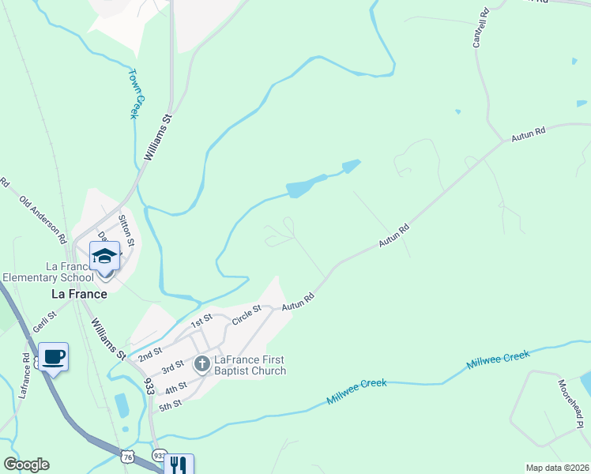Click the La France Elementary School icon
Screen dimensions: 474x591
(104, 257)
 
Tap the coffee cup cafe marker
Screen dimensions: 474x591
(53, 357)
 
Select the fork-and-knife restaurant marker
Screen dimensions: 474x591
(179, 466)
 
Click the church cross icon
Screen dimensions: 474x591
(201, 364)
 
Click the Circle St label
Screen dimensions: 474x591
(247, 314)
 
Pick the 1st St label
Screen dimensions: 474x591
(202, 320)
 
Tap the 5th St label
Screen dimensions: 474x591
(171, 404)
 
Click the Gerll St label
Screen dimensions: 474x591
(45, 322)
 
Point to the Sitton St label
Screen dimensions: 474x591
(126, 228)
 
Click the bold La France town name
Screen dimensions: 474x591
(79, 294)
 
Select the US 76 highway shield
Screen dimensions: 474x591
(129, 457)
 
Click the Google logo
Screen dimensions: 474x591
(26, 465)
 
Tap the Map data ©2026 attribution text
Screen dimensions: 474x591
(557, 467)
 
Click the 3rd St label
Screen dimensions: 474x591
(173, 368)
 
